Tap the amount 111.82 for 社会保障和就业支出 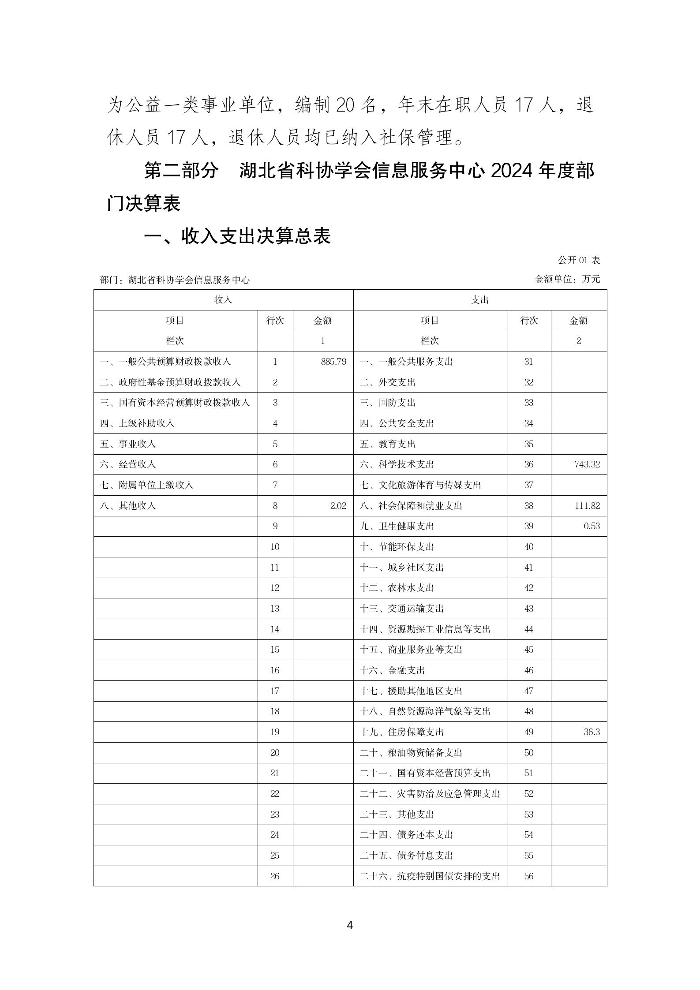(587, 506)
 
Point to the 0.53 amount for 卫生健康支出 (591, 526)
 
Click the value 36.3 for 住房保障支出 (591, 732)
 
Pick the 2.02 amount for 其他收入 (338, 506)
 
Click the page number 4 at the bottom (350, 925)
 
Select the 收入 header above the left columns (223, 300)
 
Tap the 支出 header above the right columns (480, 300)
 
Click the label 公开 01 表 (579, 260)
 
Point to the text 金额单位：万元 (567, 279)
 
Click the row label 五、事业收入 (128, 444)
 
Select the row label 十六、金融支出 (392, 670)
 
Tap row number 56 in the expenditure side (529, 876)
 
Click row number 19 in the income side (275, 732)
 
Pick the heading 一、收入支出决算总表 (238, 237)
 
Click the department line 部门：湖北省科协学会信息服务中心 (175, 280)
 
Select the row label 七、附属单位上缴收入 (147, 485)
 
